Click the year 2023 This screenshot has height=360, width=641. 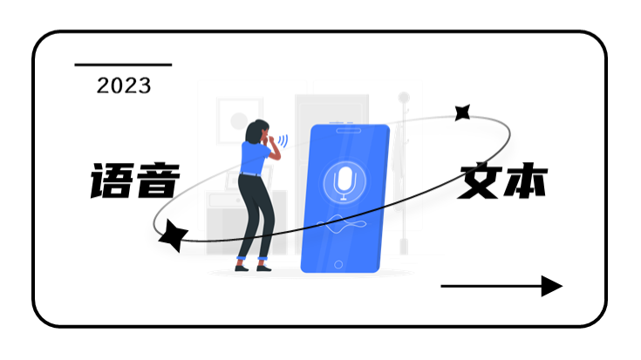coord(124,85)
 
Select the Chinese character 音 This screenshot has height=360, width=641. coord(158,180)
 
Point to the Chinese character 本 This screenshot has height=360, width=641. coord(525,180)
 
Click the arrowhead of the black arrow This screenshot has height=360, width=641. coord(552,286)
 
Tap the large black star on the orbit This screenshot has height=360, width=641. coord(173,235)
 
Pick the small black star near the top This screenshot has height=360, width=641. coord(462,112)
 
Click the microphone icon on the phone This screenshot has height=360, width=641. coord(344,183)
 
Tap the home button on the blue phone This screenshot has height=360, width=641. coord(338,264)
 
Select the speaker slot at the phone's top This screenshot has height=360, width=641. coord(348,131)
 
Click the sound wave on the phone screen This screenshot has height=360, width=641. coord(341,224)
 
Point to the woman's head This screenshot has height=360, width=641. coord(257,132)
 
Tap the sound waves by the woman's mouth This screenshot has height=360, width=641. coord(283,141)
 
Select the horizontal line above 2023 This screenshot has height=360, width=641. coord(123,65)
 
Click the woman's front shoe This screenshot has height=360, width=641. coord(263,268)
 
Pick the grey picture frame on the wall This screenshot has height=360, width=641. coord(239,120)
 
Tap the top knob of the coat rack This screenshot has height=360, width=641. coord(404,98)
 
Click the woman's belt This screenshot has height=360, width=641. coord(250,174)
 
